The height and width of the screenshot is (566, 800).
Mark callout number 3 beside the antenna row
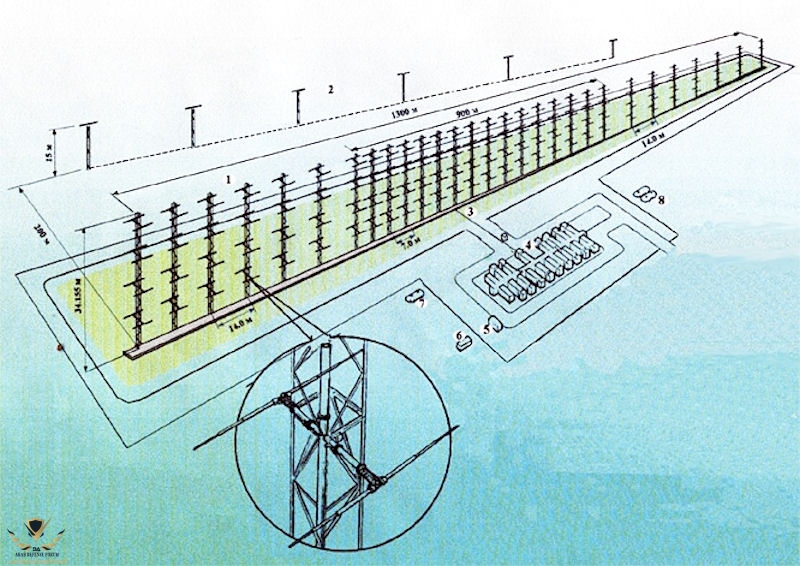[470, 212]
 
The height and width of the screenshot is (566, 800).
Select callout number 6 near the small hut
[458, 334]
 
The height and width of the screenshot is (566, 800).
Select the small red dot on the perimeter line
[60, 347]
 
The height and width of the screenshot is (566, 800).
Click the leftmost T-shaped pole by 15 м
[90, 145]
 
